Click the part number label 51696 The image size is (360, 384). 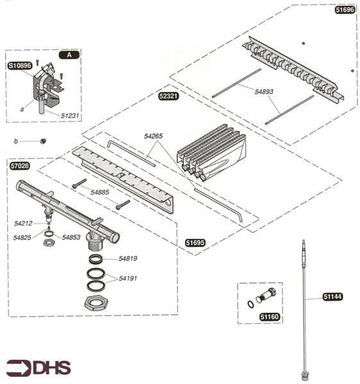point(345,11)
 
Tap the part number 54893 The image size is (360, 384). point(264,92)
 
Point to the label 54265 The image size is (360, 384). point(154,136)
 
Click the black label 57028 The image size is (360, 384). point(20,165)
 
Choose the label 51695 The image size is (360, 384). point(195,243)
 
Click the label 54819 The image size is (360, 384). point(128,259)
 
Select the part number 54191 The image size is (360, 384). point(128,278)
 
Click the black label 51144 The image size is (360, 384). point(332,297)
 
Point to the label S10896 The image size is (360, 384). point(20,65)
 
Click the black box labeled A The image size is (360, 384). point(69,55)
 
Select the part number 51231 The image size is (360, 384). point(71,115)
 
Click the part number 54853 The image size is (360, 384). point(72,237)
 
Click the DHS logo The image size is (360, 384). point(38,368)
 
